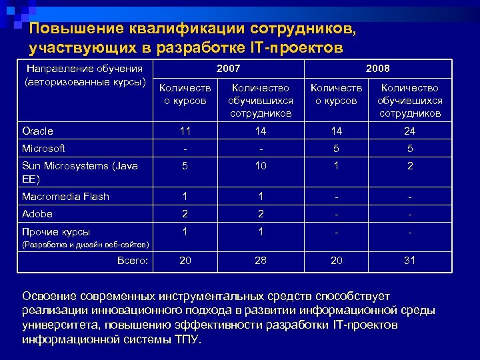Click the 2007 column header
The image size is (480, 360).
pyautogui.click(x=229, y=69)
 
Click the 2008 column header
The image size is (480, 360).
pyautogui.click(x=378, y=69)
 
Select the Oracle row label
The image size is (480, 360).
pyautogui.click(x=37, y=131)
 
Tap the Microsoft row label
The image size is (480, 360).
pyautogui.click(x=43, y=149)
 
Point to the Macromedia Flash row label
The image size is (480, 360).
pyautogui.click(x=65, y=197)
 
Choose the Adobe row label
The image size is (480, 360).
pyautogui.click(x=37, y=214)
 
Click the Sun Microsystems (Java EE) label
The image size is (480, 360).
pyautogui.click(x=79, y=172)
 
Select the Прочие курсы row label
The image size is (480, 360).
pyautogui.click(x=56, y=232)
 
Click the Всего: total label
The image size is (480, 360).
pyautogui.click(x=132, y=261)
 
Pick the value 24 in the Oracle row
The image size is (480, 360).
pyautogui.click(x=409, y=131)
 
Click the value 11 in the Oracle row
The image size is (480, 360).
pyautogui.click(x=185, y=131)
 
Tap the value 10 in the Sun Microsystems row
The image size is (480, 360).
pyautogui.click(x=260, y=166)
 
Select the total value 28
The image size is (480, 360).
pyautogui.click(x=260, y=261)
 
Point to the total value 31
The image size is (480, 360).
pyautogui.click(x=409, y=261)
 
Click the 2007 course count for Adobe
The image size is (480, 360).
pyautogui.click(x=185, y=214)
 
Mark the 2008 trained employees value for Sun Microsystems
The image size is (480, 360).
pyautogui.click(x=409, y=166)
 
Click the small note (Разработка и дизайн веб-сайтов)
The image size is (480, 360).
pyautogui.click(x=85, y=245)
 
